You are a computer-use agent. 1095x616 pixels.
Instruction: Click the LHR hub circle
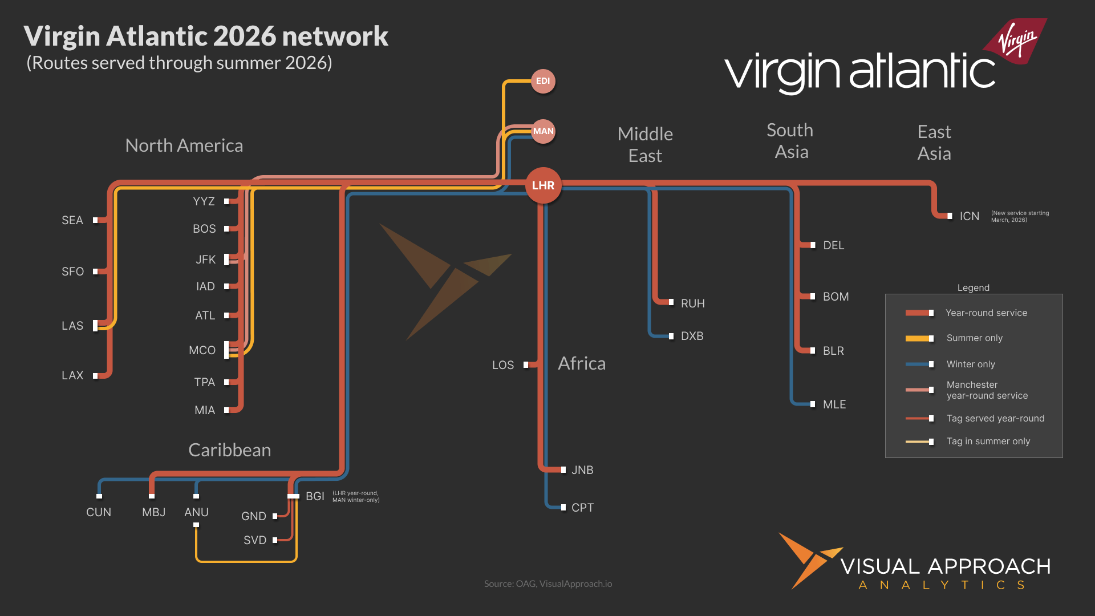pyautogui.click(x=543, y=185)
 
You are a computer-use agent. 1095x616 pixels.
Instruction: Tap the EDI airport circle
pyautogui.click(x=543, y=81)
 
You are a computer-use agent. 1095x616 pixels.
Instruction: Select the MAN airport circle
pyautogui.click(x=543, y=131)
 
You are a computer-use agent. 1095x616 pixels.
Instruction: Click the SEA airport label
pyautogui.click(x=72, y=220)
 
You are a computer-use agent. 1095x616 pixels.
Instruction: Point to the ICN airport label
pyautogui.click(x=969, y=216)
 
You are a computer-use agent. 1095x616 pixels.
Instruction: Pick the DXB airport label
pyautogui.click(x=692, y=336)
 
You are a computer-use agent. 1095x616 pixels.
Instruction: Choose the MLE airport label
pyautogui.click(x=834, y=404)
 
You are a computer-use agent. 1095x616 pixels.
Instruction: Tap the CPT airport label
pyautogui.click(x=582, y=508)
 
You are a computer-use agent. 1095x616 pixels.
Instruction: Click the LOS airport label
pyautogui.click(x=503, y=365)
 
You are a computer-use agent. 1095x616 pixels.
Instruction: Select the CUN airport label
pyautogui.click(x=99, y=512)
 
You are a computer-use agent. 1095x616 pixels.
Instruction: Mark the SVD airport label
pyautogui.click(x=255, y=540)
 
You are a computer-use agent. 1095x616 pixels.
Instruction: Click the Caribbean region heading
pyautogui.click(x=229, y=450)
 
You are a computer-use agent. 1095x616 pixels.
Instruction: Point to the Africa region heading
pyautogui.click(x=582, y=363)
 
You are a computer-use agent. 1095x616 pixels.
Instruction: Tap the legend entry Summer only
pyautogui.click(x=974, y=338)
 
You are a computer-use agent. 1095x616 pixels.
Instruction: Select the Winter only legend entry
pyautogui.click(x=970, y=364)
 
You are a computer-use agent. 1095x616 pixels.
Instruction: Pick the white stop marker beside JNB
pyautogui.click(x=563, y=470)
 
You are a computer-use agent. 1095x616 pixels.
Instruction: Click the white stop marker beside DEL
pyautogui.click(x=813, y=245)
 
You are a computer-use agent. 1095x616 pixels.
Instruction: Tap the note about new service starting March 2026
pyautogui.click(x=1020, y=216)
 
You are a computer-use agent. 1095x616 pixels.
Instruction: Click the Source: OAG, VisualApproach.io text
pyautogui.click(x=547, y=583)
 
